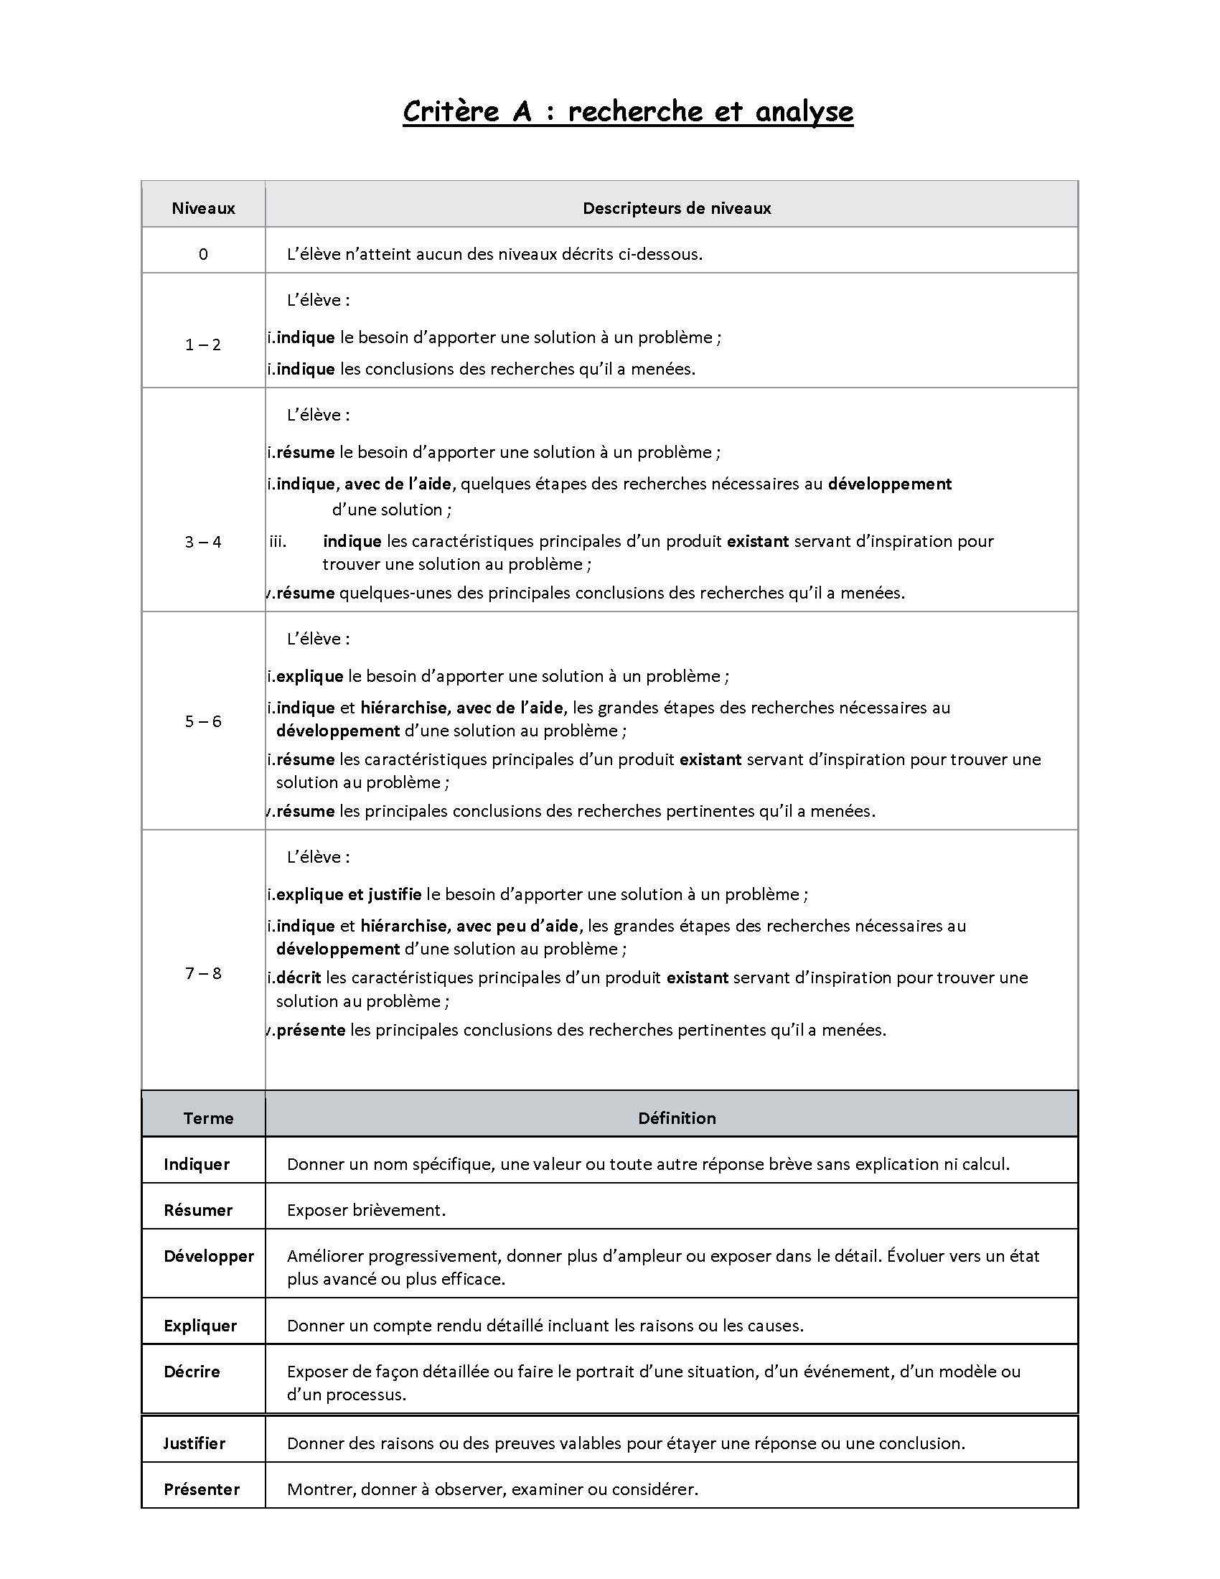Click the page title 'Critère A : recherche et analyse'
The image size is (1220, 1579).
click(x=627, y=111)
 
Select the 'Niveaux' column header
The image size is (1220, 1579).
click(x=203, y=208)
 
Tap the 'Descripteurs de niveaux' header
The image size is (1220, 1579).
click(x=677, y=208)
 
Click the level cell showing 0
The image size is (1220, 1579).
click(x=203, y=254)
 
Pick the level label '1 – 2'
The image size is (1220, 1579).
click(x=203, y=345)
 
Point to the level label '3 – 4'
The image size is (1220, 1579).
click(x=203, y=542)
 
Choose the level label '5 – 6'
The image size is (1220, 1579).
click(x=203, y=721)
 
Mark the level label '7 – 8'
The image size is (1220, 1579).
click(x=203, y=973)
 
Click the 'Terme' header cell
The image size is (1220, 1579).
click(x=208, y=1118)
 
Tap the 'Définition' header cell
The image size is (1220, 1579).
click(x=677, y=1118)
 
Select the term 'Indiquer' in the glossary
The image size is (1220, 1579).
click(x=197, y=1164)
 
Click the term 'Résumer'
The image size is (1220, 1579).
click(x=198, y=1210)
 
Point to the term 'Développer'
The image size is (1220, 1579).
click(x=209, y=1256)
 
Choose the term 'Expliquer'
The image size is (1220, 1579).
click(x=200, y=1325)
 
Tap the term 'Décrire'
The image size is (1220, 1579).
click(x=192, y=1372)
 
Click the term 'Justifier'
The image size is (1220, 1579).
click(x=194, y=1443)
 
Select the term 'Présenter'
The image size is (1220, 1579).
click(x=202, y=1489)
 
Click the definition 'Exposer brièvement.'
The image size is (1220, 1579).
click(x=367, y=1210)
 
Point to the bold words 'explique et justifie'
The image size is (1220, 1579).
click(x=348, y=894)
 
